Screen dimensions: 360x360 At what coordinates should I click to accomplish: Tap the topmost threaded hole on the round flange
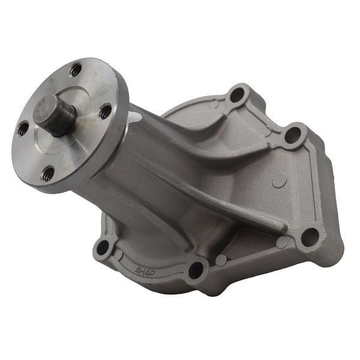point(75,70)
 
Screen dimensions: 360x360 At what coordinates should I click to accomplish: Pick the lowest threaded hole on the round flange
point(48,174)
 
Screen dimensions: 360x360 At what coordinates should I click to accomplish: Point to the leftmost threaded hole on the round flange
point(23,128)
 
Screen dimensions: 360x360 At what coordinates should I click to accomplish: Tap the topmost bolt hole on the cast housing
point(238,94)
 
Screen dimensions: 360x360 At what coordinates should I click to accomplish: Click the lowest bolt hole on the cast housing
point(196,270)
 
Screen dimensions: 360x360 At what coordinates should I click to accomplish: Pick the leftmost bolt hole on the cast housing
point(104,247)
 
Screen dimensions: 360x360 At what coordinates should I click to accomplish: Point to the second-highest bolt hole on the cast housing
point(292,135)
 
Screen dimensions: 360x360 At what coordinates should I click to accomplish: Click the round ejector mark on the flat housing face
point(277,181)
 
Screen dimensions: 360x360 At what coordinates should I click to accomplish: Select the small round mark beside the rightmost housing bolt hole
point(281,242)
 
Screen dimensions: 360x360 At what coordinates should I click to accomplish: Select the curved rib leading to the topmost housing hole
point(210,120)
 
